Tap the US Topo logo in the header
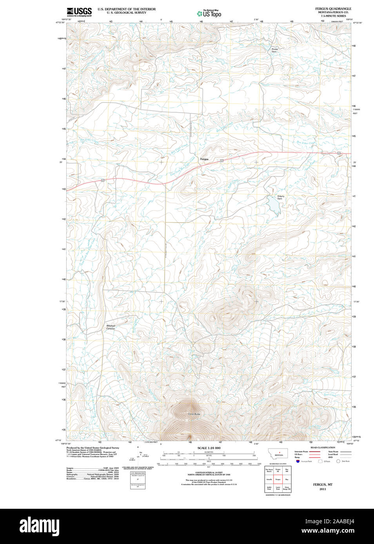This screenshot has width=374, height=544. click(x=209, y=14)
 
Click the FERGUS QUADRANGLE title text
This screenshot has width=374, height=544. click(x=333, y=9)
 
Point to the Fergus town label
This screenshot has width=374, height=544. click(x=204, y=159)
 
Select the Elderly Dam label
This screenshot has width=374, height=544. click(x=280, y=198)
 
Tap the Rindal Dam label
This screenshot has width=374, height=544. click(x=274, y=50)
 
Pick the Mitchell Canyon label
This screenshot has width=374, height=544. click(x=111, y=327)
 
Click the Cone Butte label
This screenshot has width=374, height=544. click(x=194, y=414)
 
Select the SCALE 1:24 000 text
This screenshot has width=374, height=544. click(x=209, y=448)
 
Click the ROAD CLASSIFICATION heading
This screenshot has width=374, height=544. click(x=323, y=447)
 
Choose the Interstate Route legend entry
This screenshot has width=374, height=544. click(x=301, y=452)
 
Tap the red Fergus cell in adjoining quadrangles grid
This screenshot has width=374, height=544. click(x=278, y=479)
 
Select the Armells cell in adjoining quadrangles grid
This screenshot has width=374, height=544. click(x=269, y=479)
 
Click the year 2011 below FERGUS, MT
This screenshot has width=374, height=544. click(x=323, y=489)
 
